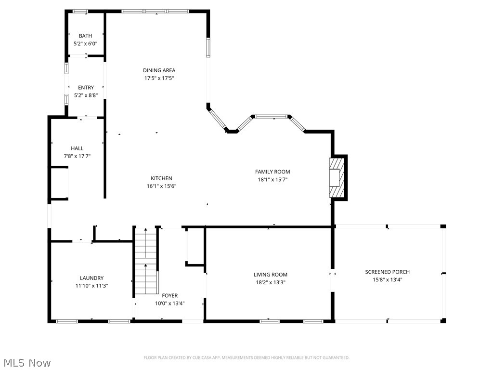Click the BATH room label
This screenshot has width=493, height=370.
coord(85,36)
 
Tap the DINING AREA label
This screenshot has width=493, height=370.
coord(159,70)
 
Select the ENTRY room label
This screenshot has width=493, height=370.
coord(86,87)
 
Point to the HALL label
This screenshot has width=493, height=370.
coord(77,148)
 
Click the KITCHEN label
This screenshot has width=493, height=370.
coord(161,178)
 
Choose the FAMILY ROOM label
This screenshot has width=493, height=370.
coord(272,172)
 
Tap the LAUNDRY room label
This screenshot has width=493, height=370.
coord(91,278)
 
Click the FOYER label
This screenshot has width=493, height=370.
coord(169,296)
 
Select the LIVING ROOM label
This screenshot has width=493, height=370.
coord(270,275)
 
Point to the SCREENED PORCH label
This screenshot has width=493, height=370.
coord(387,272)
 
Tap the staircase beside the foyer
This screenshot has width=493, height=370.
coord(146,263)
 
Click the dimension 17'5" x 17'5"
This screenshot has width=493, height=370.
coord(159,78)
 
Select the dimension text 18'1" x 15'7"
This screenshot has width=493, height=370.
coord(272,179)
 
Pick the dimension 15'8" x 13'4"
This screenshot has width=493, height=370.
coord(387,279)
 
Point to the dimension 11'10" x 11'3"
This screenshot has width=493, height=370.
coord(91,286)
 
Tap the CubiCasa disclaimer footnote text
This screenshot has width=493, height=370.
coord(246,357)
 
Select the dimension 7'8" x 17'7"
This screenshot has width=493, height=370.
coord(77,156)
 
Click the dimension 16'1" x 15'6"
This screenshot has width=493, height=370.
coord(161,186)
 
